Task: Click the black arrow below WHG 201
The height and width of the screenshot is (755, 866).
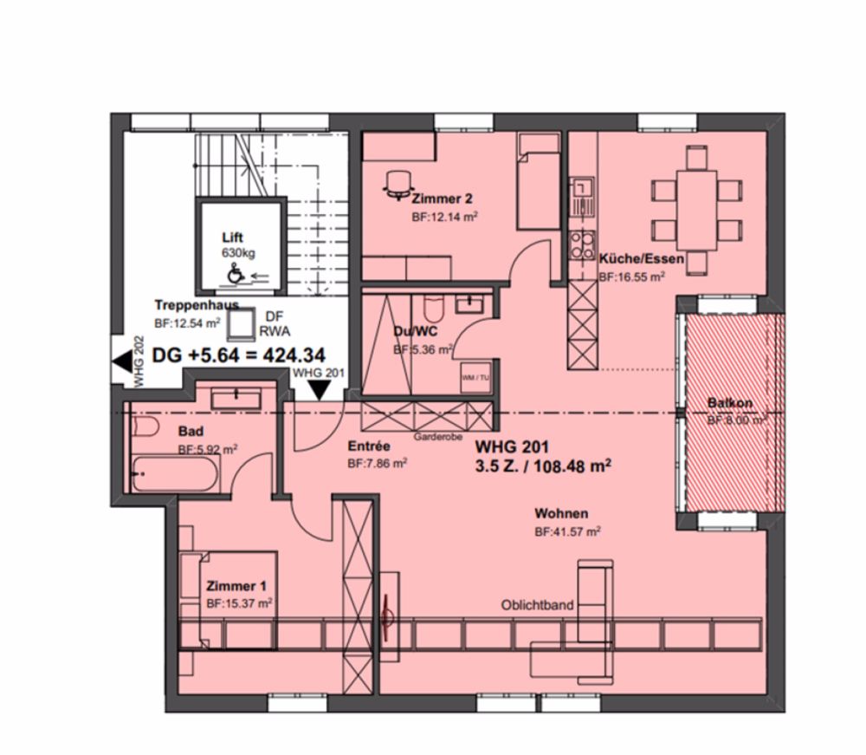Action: coord(320,391)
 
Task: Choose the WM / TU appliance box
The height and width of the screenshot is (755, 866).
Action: coord(473,377)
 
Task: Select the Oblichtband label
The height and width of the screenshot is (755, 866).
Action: coord(537,605)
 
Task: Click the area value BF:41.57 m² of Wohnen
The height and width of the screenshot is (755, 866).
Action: coord(567,531)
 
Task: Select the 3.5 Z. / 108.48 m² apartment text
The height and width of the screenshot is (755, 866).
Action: coord(544,465)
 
